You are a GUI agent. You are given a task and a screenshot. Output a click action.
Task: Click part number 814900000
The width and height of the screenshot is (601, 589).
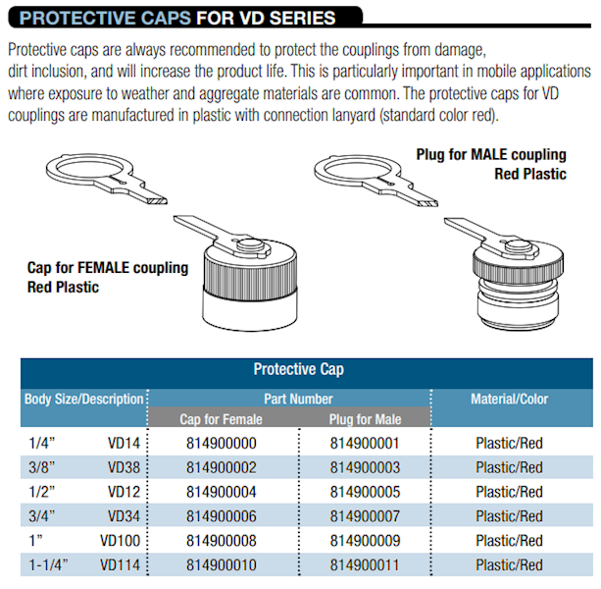click(x=221, y=443)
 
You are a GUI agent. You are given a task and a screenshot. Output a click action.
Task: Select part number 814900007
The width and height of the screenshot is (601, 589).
click(x=366, y=516)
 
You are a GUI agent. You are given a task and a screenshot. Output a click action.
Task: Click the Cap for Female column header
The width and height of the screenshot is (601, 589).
click(x=221, y=419)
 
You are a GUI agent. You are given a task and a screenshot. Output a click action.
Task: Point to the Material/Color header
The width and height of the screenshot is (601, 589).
click(x=509, y=400)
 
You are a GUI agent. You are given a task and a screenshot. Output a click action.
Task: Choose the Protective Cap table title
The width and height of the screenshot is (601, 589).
click(x=298, y=370)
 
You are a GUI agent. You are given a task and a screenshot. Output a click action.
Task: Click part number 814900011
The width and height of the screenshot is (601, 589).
click(x=366, y=565)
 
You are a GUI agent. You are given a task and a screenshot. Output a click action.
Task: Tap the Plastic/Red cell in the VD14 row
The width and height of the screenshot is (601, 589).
click(x=509, y=443)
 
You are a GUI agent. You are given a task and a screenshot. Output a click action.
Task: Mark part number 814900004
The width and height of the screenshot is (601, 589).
click(x=221, y=492)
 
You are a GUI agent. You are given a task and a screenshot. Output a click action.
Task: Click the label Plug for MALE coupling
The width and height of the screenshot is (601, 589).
click(x=491, y=155)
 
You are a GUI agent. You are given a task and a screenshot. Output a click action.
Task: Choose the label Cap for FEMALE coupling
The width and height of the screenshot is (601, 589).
click(x=107, y=268)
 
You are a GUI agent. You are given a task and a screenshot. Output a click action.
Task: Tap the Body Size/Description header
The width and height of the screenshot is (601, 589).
click(x=84, y=400)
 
